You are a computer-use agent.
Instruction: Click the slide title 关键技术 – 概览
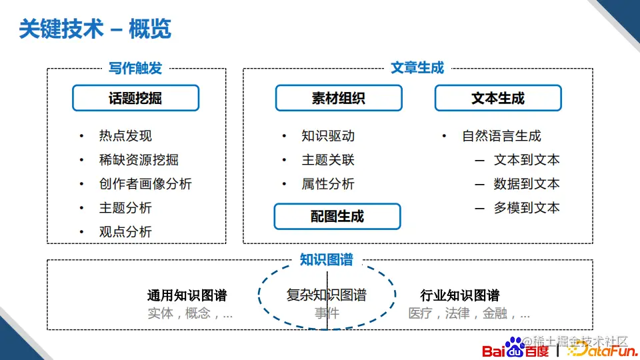[95, 29]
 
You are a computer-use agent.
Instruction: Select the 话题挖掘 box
[135, 98]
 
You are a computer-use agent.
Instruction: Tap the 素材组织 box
[338, 98]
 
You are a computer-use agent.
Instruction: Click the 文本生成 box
[498, 98]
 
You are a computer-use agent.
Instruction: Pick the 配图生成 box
[337, 217]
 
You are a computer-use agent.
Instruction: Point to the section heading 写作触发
[135, 68]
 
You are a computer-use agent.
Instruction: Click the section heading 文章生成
[417, 68]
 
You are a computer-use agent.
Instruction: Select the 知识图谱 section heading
[327, 260]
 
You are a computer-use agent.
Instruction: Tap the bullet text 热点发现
[125, 136]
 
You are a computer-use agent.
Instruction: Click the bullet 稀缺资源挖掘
[139, 160]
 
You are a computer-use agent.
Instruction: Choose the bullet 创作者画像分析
[145, 184]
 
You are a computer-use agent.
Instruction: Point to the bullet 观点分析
[125, 232]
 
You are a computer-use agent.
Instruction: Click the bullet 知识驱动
[328, 136]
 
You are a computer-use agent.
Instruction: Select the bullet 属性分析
[328, 184]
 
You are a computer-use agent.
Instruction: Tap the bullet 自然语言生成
[501, 136]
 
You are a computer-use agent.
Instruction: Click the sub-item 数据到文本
[527, 184]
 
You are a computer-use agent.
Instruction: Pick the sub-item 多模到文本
[527, 208]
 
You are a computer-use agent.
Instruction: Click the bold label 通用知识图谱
[187, 295]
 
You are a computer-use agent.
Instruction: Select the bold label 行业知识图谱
[460, 295]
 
